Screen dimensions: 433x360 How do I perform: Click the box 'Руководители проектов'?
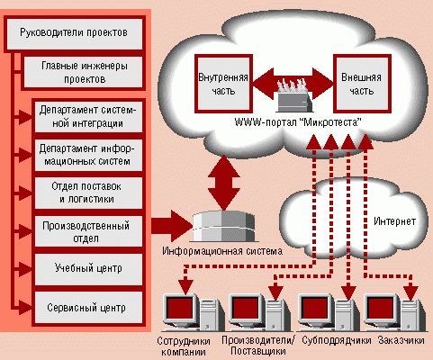click(x=74, y=34)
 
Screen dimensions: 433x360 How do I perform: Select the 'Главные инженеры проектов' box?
click(x=83, y=72)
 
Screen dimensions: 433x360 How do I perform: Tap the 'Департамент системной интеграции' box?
click(x=88, y=117)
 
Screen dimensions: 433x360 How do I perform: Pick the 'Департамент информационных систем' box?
click(x=88, y=155)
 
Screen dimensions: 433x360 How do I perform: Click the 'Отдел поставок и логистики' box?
click(x=88, y=193)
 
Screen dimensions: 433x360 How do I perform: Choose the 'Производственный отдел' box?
click(x=88, y=231)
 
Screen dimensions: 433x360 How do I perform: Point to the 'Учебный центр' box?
click(x=88, y=269)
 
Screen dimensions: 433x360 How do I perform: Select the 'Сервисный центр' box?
click(x=88, y=309)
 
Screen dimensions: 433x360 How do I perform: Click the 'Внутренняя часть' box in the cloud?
click(x=223, y=84)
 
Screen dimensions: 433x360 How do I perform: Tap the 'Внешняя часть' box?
click(x=363, y=84)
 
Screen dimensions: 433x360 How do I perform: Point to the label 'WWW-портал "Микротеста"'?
click(x=298, y=122)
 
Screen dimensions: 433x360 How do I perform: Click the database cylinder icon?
click(x=223, y=226)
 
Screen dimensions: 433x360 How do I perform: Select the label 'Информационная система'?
click(x=222, y=251)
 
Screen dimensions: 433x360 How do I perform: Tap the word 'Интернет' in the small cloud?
click(x=394, y=221)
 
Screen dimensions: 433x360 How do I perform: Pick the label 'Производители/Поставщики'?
click(x=258, y=346)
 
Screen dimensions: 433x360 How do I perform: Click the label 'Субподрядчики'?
click(x=337, y=341)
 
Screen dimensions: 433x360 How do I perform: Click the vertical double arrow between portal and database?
click(x=224, y=183)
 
